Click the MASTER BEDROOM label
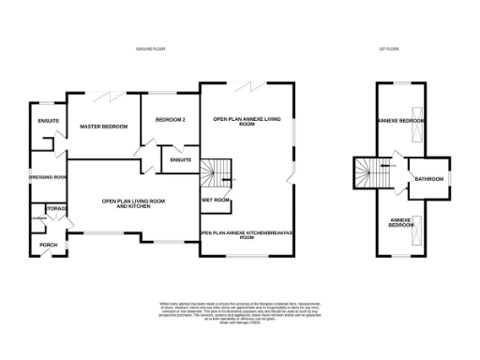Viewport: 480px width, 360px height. pos(103,126)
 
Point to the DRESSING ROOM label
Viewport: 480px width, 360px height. pos(47,177)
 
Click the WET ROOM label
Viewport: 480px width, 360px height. pos(216,200)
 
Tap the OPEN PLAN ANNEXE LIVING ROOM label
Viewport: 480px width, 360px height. pos(247,122)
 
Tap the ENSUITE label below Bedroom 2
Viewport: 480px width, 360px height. pos(181,159)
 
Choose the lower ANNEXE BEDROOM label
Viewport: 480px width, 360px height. pos(401,223)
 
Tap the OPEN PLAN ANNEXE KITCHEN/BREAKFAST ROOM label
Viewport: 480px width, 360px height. pos(247,235)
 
